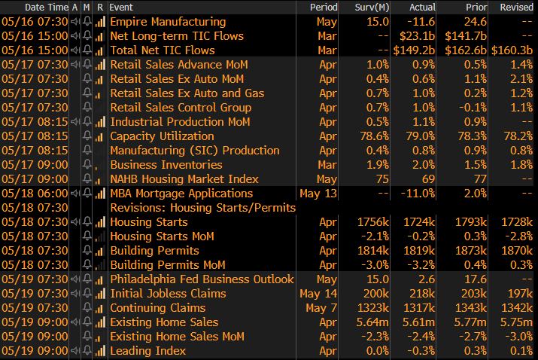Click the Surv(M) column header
tap(372, 7)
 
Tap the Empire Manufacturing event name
tap(167, 22)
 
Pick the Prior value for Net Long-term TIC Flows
tap(473, 36)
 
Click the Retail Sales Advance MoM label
tap(178, 65)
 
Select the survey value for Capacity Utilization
tap(373, 136)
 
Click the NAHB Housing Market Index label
tap(184, 179)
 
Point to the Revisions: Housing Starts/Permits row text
tap(202, 208)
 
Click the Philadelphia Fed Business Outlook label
tap(202, 279)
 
